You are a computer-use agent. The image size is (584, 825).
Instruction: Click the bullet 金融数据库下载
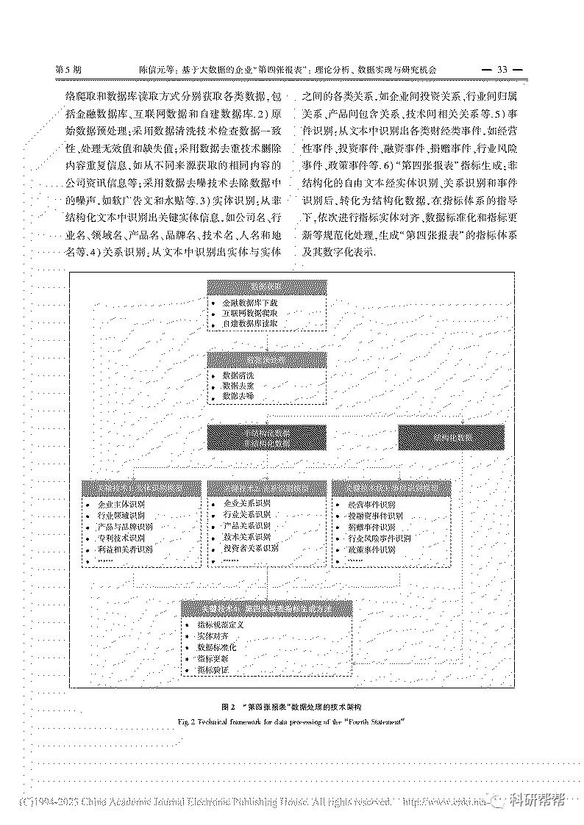[x=249, y=302]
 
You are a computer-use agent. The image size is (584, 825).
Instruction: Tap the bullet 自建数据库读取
[x=249, y=323]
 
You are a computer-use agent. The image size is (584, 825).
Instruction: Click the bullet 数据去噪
[x=240, y=396]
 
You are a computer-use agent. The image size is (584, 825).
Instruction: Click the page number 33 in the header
[x=503, y=70]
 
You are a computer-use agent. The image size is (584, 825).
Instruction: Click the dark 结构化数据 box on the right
[x=452, y=437]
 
